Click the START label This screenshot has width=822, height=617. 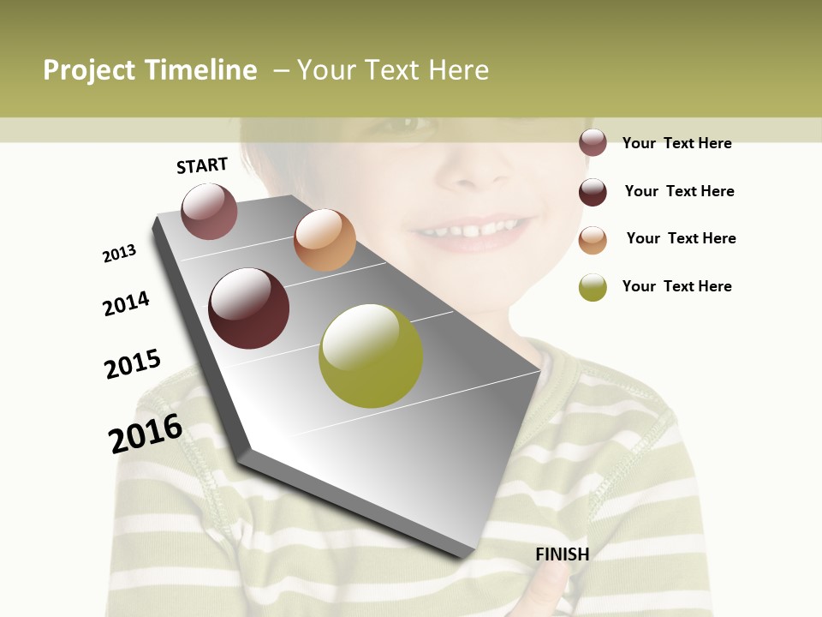(202, 165)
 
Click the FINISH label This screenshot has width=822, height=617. (563, 554)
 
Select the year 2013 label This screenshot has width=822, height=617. (119, 254)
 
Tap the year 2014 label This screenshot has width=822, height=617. (126, 303)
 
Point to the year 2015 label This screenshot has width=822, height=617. (133, 364)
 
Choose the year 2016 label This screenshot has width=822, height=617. (146, 434)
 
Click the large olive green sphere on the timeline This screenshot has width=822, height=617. (371, 356)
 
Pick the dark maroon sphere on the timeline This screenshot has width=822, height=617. (249, 308)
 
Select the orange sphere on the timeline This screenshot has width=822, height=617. (325, 240)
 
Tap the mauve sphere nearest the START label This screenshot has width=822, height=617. (209, 212)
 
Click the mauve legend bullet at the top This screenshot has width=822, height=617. (593, 143)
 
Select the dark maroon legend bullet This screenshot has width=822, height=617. (593, 192)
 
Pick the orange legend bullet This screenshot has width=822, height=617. (593, 240)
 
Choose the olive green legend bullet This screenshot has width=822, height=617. (593, 287)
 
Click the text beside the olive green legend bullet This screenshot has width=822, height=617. (677, 286)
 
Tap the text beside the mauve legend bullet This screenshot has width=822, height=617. (677, 143)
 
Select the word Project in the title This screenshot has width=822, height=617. (90, 70)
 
